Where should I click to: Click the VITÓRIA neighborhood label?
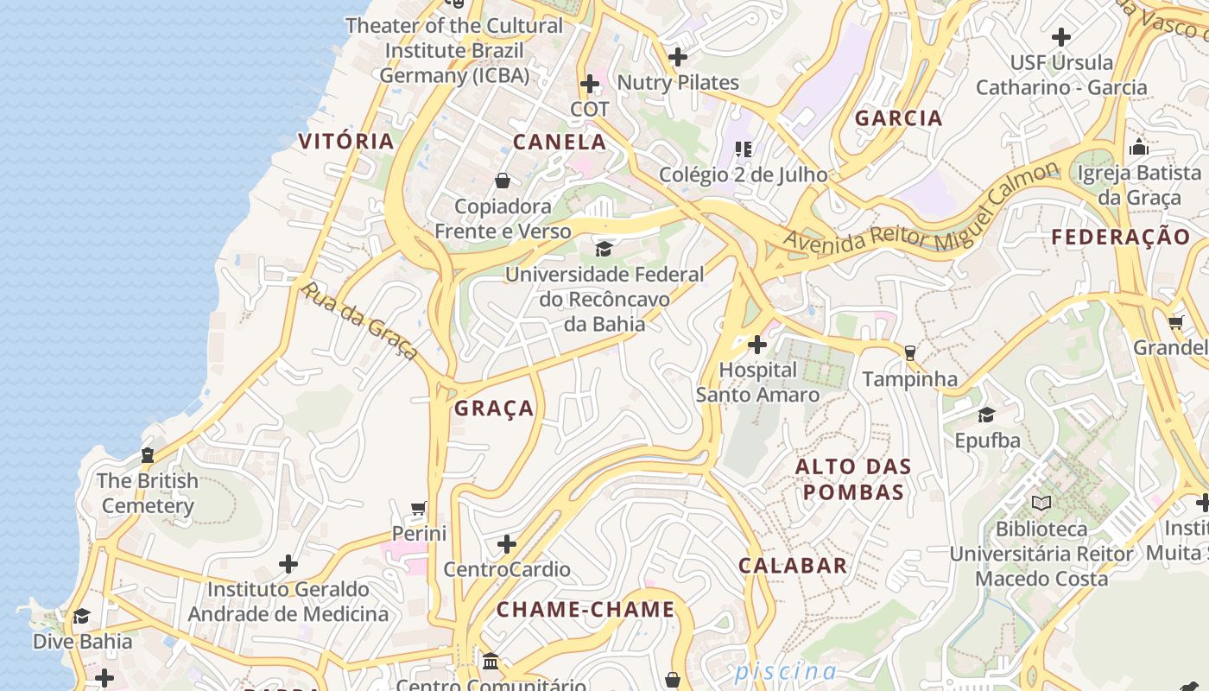point(345,141)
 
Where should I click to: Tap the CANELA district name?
point(560,142)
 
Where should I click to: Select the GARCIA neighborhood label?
point(898,118)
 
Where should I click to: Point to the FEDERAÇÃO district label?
point(1120,237)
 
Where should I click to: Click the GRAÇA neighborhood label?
point(494,409)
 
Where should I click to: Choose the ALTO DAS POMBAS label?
point(853,479)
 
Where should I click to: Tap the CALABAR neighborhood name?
point(793,566)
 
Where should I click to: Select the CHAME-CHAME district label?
point(586,609)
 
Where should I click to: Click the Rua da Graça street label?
point(359,320)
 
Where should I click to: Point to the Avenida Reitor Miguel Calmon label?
point(921,208)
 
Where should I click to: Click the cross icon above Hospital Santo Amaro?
point(757,345)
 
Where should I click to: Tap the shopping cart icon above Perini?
point(419,508)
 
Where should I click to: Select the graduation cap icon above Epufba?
point(986,415)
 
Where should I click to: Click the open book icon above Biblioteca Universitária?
point(1041,503)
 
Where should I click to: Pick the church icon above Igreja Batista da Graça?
point(1138,147)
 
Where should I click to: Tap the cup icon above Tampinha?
point(908,352)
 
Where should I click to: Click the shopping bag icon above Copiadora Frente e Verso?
point(503,181)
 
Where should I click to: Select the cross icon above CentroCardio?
point(507,544)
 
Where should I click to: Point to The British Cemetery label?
point(148,493)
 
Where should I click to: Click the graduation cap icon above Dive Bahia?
point(82,616)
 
